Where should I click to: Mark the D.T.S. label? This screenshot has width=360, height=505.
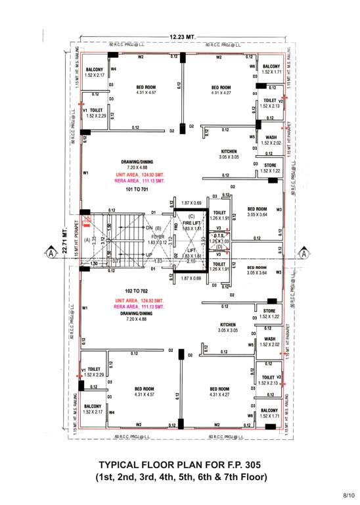pyautogui.click(x=219, y=235)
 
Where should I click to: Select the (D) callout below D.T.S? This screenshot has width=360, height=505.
pyautogui.click(x=219, y=247)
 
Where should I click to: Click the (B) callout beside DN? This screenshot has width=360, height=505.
pyautogui.click(x=158, y=228)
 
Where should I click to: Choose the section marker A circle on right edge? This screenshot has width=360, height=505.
pyautogui.click(x=304, y=252)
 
